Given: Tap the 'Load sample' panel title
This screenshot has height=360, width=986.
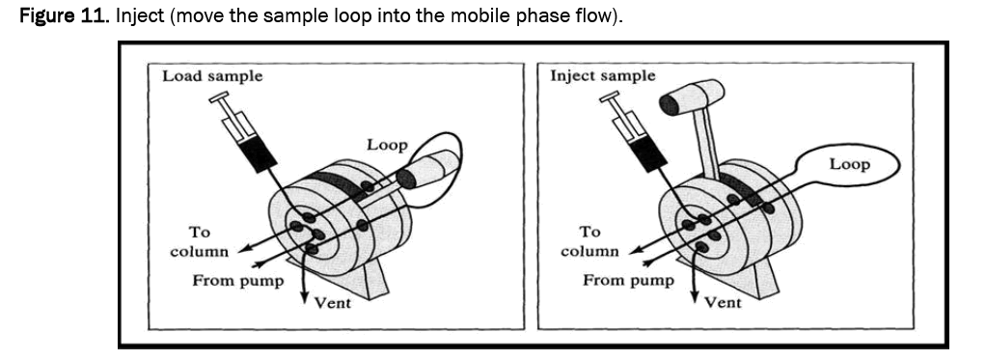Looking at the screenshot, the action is click(212, 77).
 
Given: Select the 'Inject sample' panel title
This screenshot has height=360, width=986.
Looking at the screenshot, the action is click(602, 77).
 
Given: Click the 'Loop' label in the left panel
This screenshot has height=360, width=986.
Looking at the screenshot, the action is click(387, 145).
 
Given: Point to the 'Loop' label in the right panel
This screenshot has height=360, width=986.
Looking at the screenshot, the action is click(849, 164).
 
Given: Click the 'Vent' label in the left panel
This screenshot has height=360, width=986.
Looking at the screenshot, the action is click(332, 303).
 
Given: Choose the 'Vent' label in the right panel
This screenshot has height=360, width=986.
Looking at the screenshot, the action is click(723, 303).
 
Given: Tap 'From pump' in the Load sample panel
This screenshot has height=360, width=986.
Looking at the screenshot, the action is click(237, 281).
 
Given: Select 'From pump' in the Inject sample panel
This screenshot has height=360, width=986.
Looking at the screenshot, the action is click(627, 280).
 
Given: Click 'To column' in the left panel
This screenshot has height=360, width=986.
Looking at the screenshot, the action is click(199, 241).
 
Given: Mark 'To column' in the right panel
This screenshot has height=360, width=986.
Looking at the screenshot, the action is click(589, 241).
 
